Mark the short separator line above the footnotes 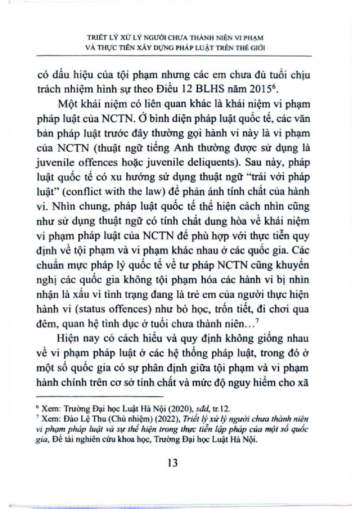tap(100, 396)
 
